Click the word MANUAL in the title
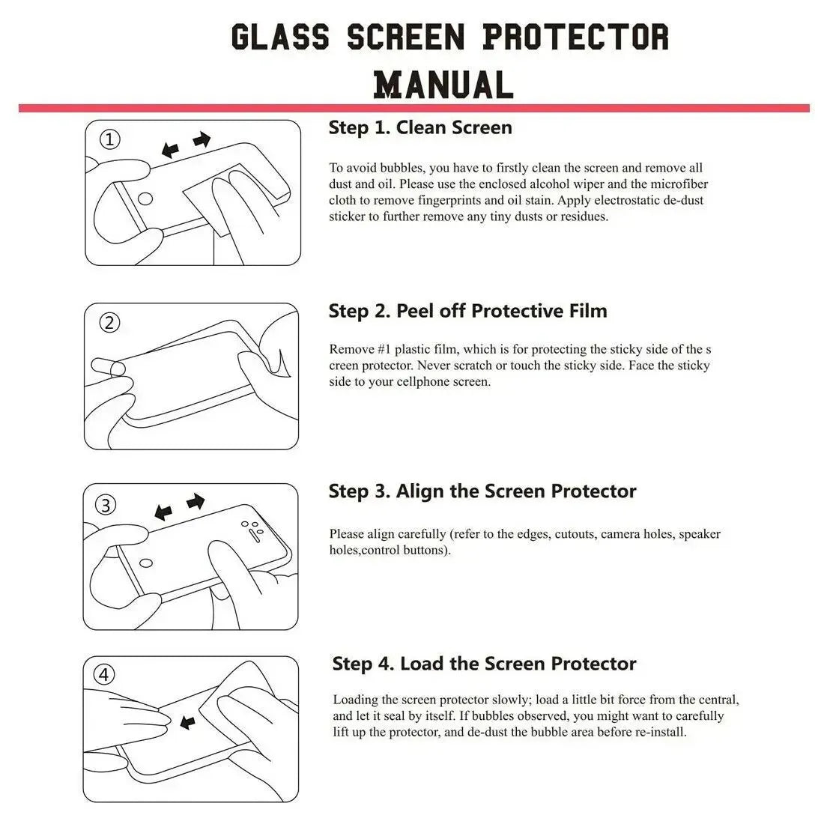click(x=443, y=84)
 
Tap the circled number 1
click(x=110, y=140)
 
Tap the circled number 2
click(x=110, y=323)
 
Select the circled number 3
click(x=106, y=505)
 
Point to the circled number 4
click(x=104, y=676)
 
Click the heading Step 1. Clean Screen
click(x=420, y=128)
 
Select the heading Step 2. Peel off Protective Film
click(x=467, y=311)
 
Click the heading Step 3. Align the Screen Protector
click(x=482, y=491)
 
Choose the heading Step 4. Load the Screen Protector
click(x=484, y=664)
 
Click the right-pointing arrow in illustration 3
click(x=196, y=501)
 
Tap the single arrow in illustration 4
click(x=188, y=722)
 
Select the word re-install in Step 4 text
click(x=659, y=732)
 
